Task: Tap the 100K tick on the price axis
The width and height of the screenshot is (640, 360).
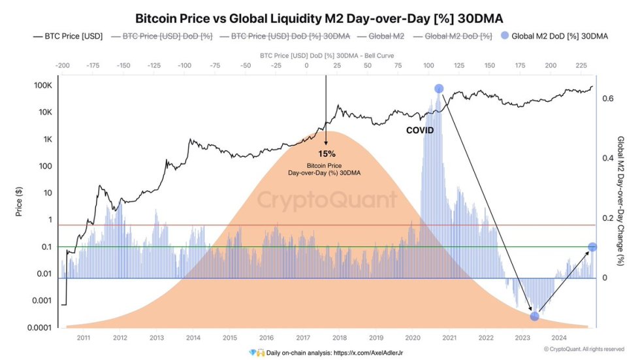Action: click(x=42, y=86)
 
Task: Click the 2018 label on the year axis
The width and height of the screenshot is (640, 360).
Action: click(x=339, y=337)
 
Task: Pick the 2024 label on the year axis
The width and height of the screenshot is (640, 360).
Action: click(x=558, y=337)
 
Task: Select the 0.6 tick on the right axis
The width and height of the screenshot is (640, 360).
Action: click(x=607, y=99)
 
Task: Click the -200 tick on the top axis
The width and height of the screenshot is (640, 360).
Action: click(x=63, y=66)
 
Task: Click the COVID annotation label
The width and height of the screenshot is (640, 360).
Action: click(x=420, y=131)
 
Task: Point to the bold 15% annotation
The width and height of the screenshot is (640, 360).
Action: click(x=327, y=153)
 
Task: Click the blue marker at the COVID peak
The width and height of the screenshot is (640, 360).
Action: click(x=439, y=89)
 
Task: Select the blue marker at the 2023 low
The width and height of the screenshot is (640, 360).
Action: click(x=534, y=316)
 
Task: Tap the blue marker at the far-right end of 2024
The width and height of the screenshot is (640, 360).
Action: click(x=592, y=247)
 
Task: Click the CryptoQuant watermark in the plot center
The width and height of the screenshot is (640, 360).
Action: click(x=326, y=199)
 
